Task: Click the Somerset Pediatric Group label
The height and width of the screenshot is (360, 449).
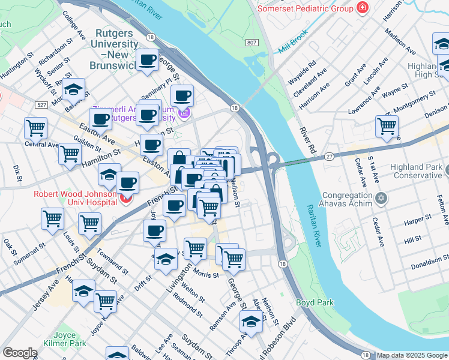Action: tap(306, 8)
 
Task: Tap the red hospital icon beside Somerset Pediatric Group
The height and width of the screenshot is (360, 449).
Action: tap(362, 8)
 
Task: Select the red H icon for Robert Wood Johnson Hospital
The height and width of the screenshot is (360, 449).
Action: tap(125, 199)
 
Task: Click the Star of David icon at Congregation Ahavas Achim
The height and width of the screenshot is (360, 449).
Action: tap(381, 197)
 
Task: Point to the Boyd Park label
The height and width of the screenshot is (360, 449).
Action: tap(314, 303)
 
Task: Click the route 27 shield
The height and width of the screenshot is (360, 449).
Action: tap(330, 155)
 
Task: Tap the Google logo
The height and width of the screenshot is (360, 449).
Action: tap(19, 353)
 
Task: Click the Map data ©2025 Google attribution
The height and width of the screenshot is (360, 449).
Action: tap(412, 355)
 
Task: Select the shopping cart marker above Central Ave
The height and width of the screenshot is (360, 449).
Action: tap(36, 128)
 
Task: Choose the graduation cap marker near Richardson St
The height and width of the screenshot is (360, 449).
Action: tap(73, 90)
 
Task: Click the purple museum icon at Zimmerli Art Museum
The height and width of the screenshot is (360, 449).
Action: tap(185, 113)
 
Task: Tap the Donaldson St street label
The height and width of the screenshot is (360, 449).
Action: tap(429, 262)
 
